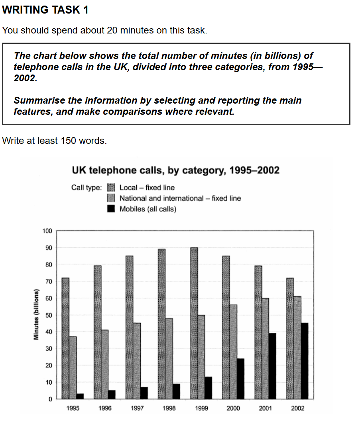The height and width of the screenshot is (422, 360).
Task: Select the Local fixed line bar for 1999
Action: tap(194, 323)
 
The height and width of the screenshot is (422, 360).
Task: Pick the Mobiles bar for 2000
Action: tap(240, 379)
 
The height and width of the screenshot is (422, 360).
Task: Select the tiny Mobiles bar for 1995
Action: tap(80, 396)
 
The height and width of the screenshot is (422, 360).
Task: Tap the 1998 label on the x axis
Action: tap(169, 408)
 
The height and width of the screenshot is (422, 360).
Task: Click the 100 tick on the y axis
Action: tap(47, 231)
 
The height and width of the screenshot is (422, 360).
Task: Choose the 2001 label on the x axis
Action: tap(265, 408)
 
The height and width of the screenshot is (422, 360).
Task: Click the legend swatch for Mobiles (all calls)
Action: tap(112, 208)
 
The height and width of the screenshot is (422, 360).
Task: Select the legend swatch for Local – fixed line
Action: tap(112, 187)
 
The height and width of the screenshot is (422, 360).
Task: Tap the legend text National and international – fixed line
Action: tap(180, 198)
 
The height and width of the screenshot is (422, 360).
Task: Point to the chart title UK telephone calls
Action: tap(175, 171)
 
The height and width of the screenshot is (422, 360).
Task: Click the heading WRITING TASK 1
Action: tap(45, 10)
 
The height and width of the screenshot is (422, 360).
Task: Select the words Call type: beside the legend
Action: tap(87, 187)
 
